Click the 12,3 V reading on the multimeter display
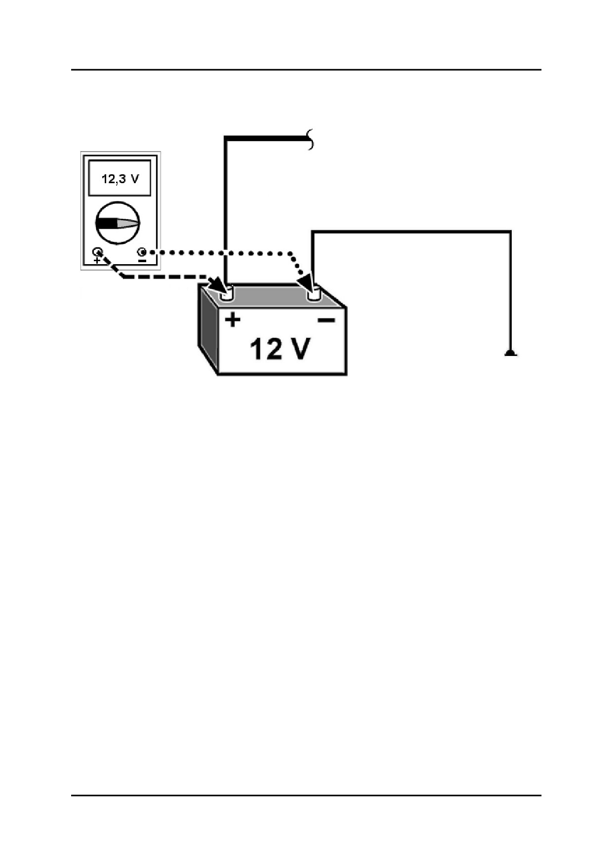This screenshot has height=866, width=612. pyautogui.click(x=120, y=178)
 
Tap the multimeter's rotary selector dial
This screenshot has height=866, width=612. pyautogui.click(x=118, y=223)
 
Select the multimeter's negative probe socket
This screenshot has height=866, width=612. pyautogui.click(x=142, y=252)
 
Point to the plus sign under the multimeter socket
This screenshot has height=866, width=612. pyautogui.click(x=97, y=260)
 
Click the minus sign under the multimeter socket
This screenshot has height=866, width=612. pyautogui.click(x=142, y=260)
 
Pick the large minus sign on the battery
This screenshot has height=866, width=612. pyautogui.click(x=326, y=320)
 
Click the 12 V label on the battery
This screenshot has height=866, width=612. pyautogui.click(x=281, y=349)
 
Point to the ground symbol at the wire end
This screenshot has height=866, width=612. pyautogui.click(x=511, y=353)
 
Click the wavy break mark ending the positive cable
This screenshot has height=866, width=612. pyautogui.click(x=311, y=140)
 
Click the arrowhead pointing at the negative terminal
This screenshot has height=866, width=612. pyautogui.click(x=306, y=282)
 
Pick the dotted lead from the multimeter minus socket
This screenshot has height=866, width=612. pyautogui.click(x=222, y=252)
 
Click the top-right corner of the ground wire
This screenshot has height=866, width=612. pyautogui.click(x=511, y=231)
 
